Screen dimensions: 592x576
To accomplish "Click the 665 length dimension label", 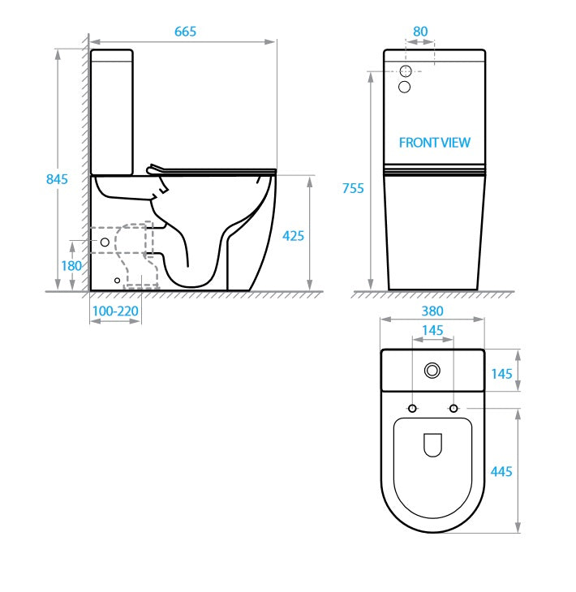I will pos(185,31).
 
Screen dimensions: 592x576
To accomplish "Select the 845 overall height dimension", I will pos(56,179).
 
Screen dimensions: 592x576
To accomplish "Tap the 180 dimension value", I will pos(71,265).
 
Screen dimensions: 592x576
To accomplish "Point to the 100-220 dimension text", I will pos(115,311).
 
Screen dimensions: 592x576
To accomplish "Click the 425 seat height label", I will pos(293,236).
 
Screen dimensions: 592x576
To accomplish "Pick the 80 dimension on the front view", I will pos(420,32).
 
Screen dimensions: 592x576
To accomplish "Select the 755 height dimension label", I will pos(353,188).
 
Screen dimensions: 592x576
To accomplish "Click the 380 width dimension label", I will pos(433,311).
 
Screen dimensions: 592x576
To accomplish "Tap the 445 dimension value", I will pos(501,471).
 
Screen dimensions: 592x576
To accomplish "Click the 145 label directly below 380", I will pos(433,330).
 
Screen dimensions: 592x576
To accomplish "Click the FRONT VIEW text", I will pos(434,143).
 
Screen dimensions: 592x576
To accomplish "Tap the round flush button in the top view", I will pos(433,371).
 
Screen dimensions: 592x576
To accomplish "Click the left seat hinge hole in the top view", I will pos(413,407).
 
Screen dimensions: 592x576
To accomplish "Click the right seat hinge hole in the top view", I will pos(453,407).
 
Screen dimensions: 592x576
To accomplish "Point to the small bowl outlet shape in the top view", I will pos(433,444).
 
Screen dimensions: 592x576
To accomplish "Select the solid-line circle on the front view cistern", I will pos(406,87).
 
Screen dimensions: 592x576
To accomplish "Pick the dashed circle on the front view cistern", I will pos(406,71).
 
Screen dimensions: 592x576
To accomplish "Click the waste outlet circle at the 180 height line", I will pos(105,242).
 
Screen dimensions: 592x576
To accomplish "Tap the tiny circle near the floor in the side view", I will pos(118,281).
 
